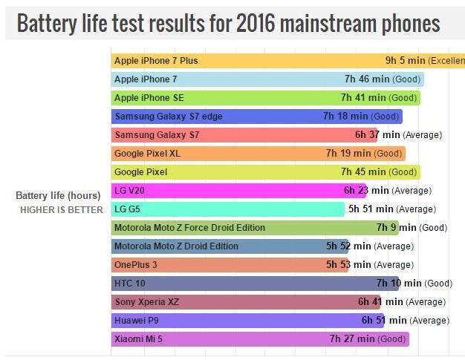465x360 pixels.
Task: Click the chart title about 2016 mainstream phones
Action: (228, 24)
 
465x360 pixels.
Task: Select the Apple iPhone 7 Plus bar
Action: (245, 61)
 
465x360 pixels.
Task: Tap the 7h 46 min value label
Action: (368, 79)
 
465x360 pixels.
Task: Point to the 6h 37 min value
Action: (377, 135)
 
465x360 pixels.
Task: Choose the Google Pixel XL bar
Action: (223, 154)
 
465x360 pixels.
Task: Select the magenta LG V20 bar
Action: (223, 191)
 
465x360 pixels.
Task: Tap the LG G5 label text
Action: (127, 209)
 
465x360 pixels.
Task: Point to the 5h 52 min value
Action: (348, 246)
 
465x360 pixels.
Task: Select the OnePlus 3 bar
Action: (223, 265)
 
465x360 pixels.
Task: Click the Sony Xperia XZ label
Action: (146, 302)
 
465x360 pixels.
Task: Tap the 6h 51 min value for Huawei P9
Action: (384, 321)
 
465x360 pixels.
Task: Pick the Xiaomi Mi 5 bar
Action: (223, 339)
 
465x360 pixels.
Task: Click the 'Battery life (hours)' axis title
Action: (58, 196)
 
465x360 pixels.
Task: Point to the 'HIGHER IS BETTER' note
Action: (62, 210)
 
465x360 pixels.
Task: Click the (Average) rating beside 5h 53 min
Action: (393, 265)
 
